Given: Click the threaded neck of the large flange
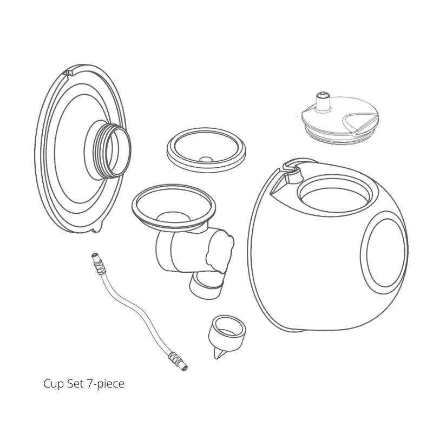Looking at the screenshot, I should (x=110, y=147).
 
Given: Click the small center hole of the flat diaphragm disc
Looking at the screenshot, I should (x=205, y=159).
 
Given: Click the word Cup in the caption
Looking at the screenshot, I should (x=53, y=384).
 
